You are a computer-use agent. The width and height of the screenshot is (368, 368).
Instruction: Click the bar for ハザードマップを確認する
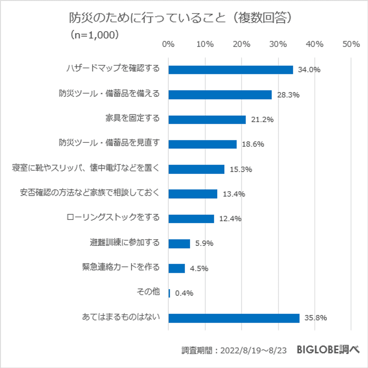click(x=230, y=70)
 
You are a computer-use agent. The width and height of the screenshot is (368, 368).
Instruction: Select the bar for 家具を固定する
click(x=207, y=119)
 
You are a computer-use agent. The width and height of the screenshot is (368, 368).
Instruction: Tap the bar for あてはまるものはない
click(x=234, y=318)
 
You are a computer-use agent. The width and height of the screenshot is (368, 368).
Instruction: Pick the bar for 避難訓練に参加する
click(x=179, y=244)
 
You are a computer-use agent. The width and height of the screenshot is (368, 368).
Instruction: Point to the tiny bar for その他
click(x=169, y=294)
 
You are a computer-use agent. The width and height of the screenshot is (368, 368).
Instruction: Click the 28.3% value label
click(x=287, y=95)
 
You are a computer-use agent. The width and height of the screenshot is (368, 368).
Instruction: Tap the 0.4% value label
click(x=184, y=294)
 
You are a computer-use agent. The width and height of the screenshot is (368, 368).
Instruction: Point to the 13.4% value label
click(x=234, y=194)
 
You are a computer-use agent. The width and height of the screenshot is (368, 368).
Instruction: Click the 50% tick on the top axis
click(x=351, y=44)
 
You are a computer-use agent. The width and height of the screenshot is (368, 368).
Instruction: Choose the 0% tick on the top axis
click(x=168, y=44)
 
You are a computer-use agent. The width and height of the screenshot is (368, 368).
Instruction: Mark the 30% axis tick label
click(x=278, y=44)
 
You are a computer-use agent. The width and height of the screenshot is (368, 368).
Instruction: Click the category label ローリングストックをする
click(x=113, y=218)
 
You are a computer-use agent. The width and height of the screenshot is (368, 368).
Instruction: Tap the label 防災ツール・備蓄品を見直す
click(x=109, y=143)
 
